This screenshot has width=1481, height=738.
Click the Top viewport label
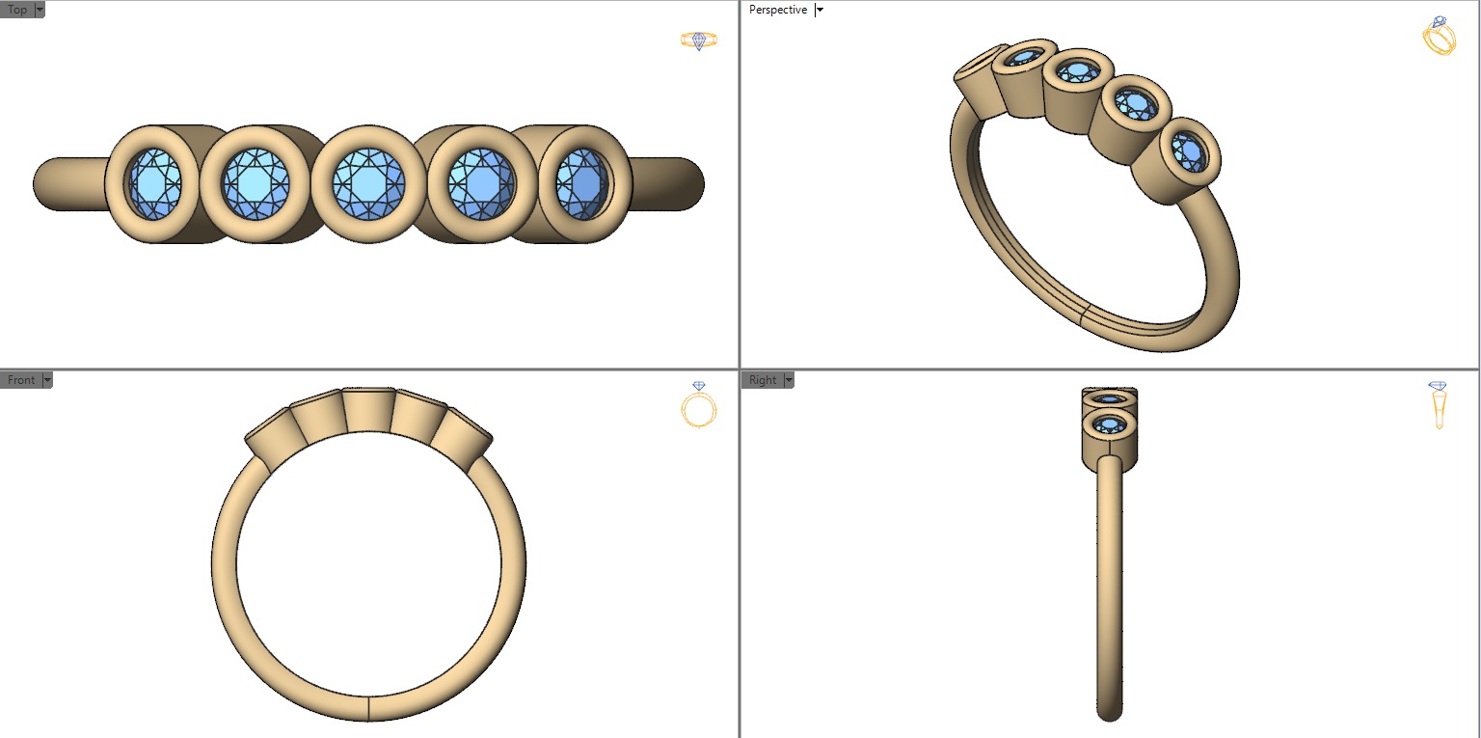pyautogui.click(x=16, y=10)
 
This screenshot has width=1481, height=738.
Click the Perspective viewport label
pyautogui.click(x=777, y=10)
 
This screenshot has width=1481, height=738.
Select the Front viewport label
pyautogui.click(x=20, y=380)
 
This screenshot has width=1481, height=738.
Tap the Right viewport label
pyautogui.click(x=762, y=380)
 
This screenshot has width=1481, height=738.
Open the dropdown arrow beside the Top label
pyautogui.click(x=40, y=10)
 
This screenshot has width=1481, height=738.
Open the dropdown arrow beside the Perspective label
pyautogui.click(x=820, y=10)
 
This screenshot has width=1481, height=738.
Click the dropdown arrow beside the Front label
pyautogui.click(x=46, y=380)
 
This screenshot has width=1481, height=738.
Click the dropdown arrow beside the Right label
pyautogui.click(x=789, y=380)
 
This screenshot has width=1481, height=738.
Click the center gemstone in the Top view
pyautogui.click(x=367, y=182)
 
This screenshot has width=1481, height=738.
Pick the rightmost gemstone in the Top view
pyautogui.click(x=581, y=182)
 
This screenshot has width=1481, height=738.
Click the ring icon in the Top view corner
pyautogui.click(x=699, y=41)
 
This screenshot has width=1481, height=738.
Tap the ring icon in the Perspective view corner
pyautogui.click(x=1439, y=37)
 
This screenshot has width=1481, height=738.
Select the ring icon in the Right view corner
pyautogui.click(x=1438, y=403)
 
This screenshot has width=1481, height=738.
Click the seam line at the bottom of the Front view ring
pyautogui.click(x=368, y=707)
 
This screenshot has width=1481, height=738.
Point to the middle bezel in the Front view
pyautogui.click(x=368, y=410)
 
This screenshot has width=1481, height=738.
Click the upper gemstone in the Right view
pyautogui.click(x=1109, y=399)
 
